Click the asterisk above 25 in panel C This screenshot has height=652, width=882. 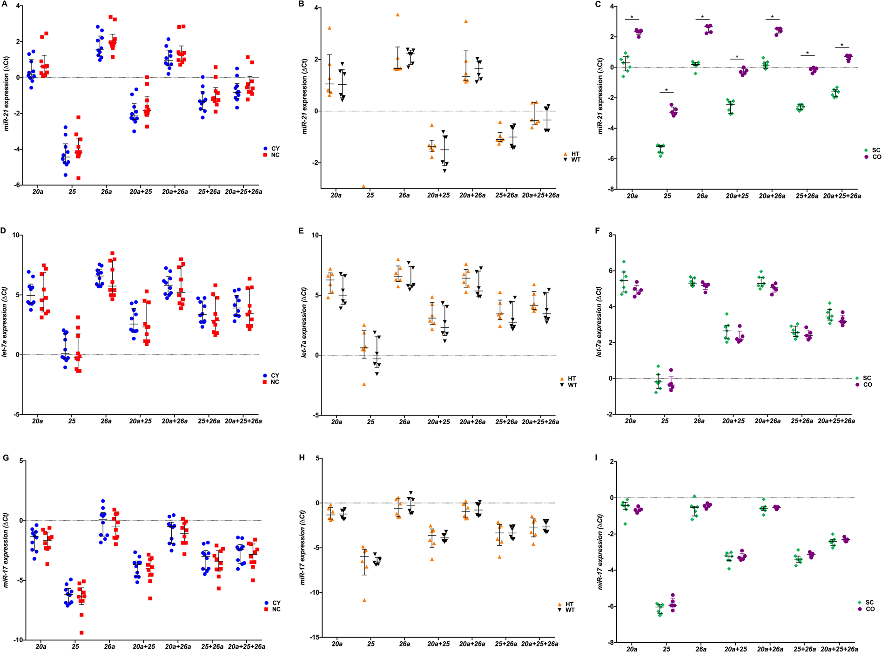667,91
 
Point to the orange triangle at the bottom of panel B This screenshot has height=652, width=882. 364,186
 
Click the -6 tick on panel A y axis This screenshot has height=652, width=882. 17,185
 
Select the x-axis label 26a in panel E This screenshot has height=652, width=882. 404,422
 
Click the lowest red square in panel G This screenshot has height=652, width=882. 81,632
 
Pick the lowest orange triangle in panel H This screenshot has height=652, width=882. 364,600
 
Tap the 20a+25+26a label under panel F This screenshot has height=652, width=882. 836,421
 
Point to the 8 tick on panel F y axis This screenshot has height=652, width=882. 610,235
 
